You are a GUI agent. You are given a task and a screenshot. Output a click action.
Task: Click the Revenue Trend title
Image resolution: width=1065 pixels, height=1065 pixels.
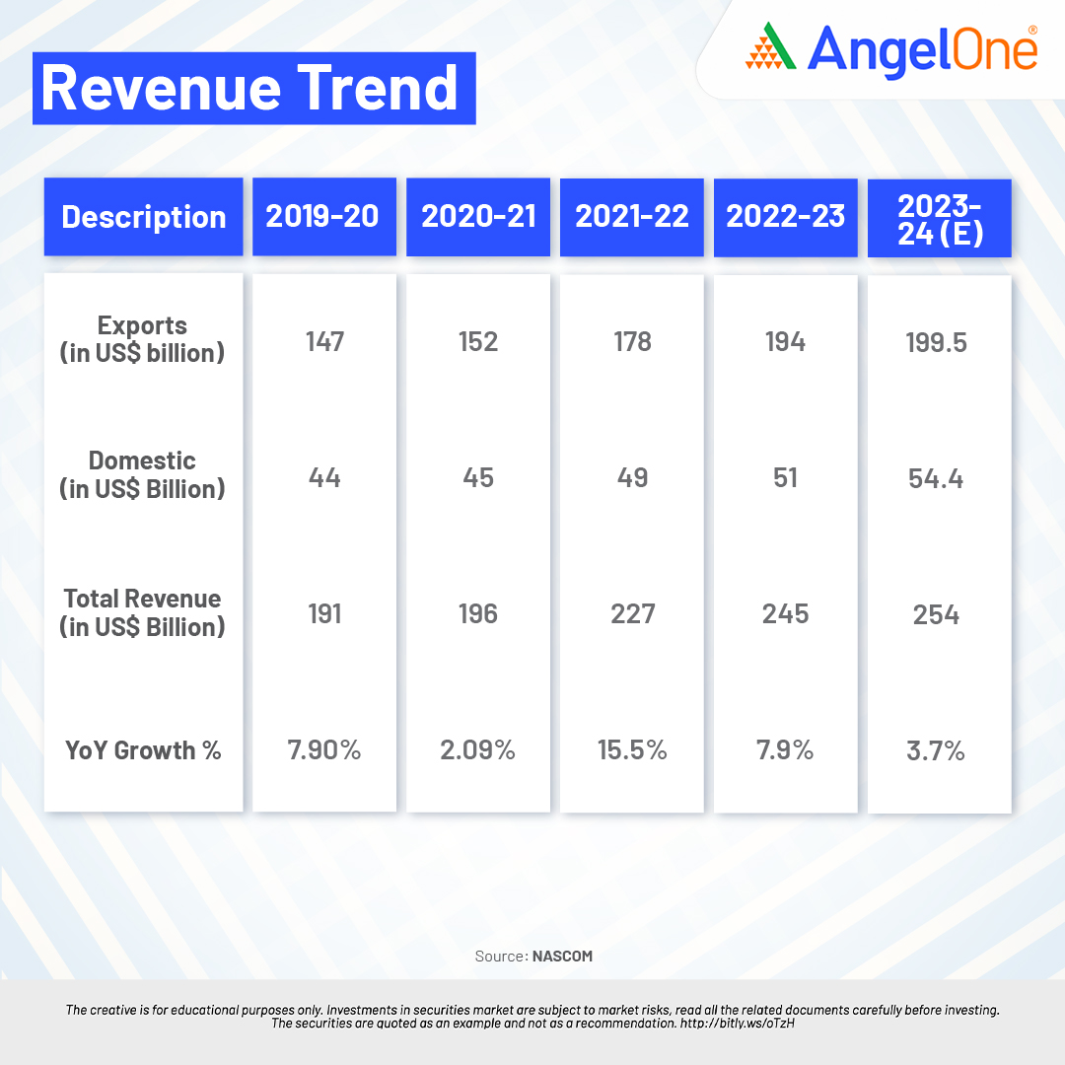[x=250, y=89]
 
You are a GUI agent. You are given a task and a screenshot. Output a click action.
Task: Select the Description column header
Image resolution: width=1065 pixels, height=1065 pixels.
[x=144, y=217]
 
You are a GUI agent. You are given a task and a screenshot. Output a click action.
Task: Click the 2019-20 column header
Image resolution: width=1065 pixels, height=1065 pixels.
[x=322, y=217]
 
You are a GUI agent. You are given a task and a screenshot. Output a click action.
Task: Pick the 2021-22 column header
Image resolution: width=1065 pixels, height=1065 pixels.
[x=632, y=217]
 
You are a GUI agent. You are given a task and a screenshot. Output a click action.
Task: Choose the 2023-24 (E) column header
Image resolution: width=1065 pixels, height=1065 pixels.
[x=939, y=219]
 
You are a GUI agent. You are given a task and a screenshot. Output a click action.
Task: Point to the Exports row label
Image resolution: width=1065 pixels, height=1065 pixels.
[x=142, y=339]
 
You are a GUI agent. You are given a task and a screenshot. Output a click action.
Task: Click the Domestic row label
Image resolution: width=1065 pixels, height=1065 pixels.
[x=142, y=474]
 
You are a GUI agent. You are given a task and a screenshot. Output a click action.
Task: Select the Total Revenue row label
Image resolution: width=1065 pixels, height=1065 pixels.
[x=142, y=612]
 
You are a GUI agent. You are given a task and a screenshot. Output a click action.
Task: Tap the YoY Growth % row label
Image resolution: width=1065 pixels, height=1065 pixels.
[x=143, y=750]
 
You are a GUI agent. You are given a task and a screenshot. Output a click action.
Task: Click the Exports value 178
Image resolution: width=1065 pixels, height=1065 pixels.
[x=632, y=341]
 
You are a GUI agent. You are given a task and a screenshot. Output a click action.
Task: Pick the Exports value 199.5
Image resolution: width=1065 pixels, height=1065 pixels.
[x=937, y=342]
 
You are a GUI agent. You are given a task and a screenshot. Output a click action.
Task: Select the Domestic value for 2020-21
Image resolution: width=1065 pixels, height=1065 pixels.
[x=478, y=477]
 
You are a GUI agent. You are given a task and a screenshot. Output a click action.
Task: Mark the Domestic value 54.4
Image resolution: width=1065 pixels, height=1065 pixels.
[x=937, y=478]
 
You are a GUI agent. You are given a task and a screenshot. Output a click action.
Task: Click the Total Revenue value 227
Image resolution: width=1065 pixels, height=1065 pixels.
[x=632, y=614]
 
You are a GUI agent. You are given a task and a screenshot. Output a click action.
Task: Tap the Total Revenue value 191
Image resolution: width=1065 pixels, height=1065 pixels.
[x=324, y=614]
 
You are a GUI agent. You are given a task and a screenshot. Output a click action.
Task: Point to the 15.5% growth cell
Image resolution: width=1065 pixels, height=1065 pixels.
[x=632, y=750]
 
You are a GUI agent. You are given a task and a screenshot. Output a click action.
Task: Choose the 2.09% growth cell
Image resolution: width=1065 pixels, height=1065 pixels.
[x=478, y=750]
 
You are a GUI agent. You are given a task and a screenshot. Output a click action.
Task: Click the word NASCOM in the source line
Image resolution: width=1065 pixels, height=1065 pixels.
[x=562, y=956]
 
